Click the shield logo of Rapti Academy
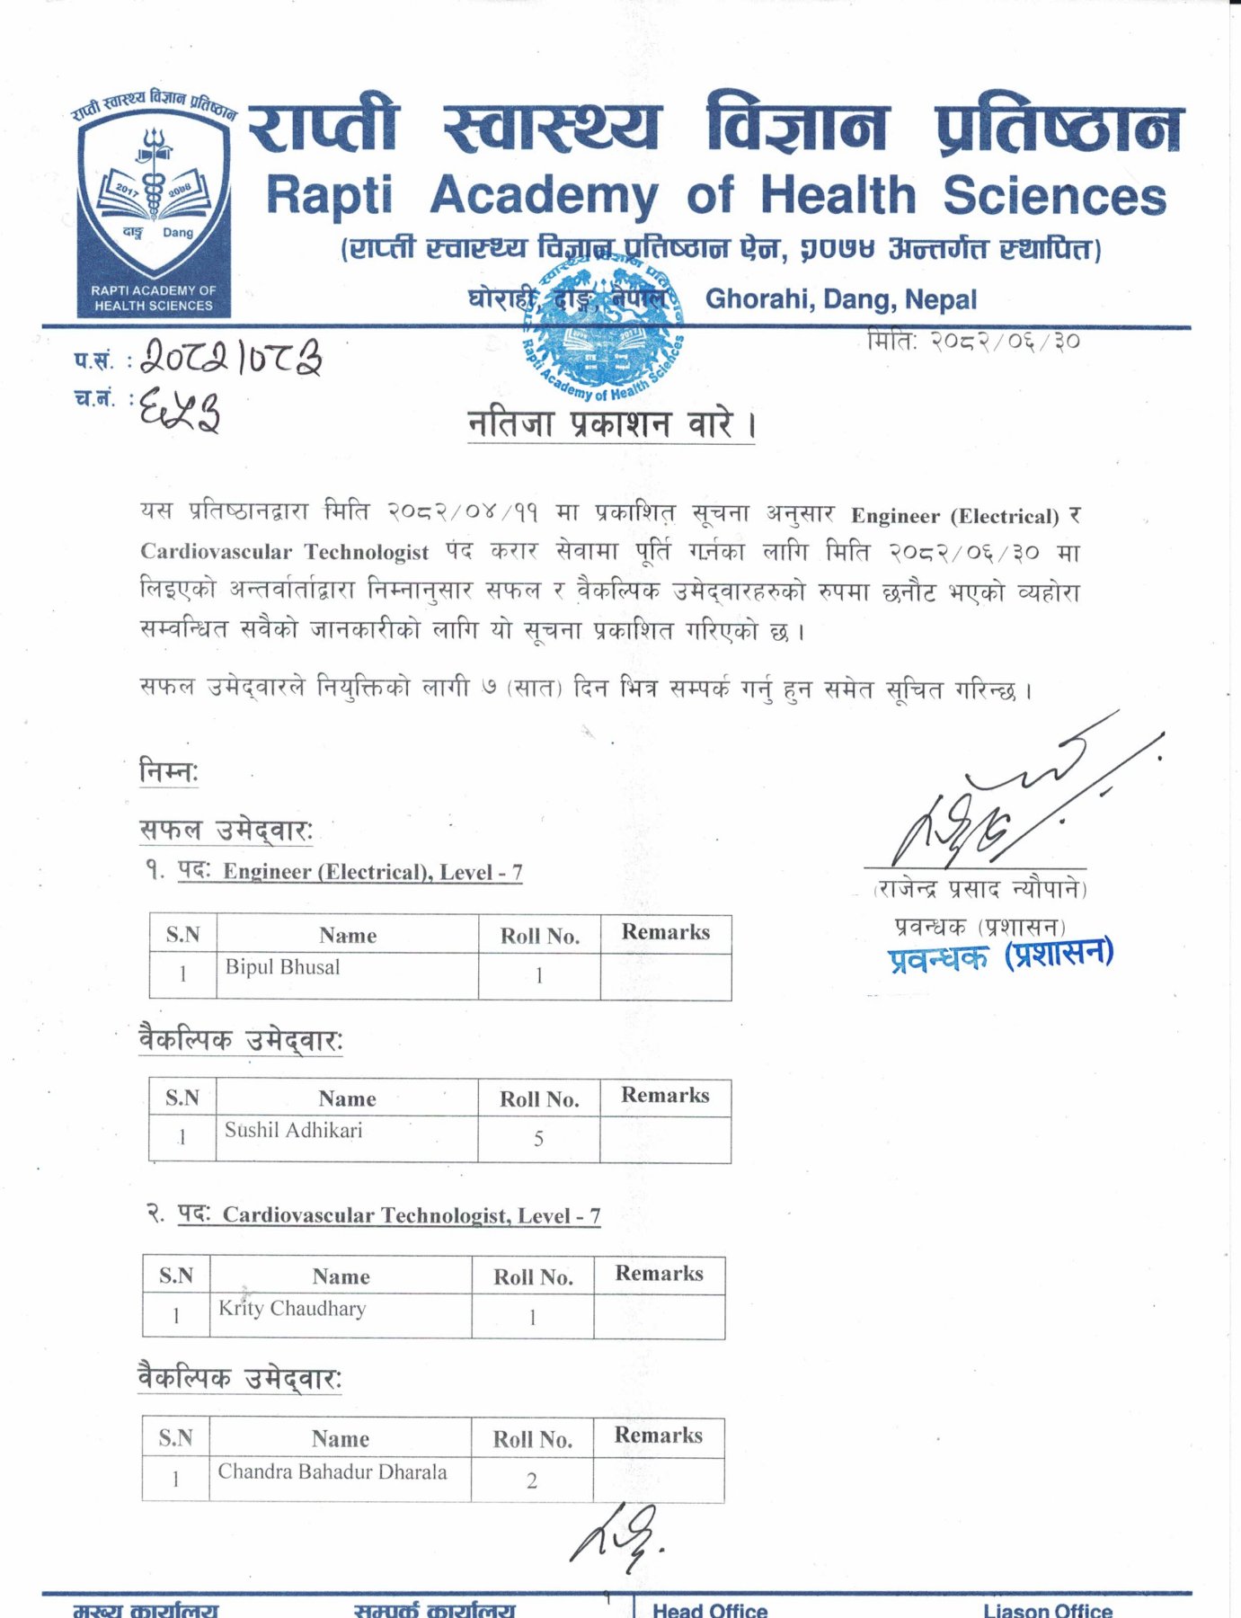click(x=153, y=202)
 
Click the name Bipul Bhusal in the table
click(x=282, y=967)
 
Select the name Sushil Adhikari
click(x=293, y=1130)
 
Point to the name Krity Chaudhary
click(x=292, y=1309)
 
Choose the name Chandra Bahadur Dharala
click(x=332, y=1471)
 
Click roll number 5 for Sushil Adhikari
click(x=538, y=1139)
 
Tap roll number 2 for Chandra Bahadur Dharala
click(x=532, y=1480)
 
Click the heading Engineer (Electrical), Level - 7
click(x=372, y=872)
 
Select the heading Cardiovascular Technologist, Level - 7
click(x=411, y=1215)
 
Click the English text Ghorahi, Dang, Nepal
click(x=840, y=299)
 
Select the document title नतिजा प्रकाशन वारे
click(x=611, y=424)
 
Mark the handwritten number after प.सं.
click(x=232, y=357)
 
